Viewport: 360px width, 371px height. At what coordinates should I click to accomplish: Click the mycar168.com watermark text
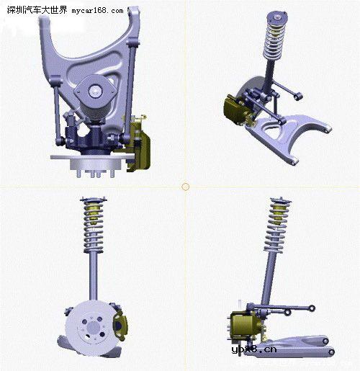(97, 11)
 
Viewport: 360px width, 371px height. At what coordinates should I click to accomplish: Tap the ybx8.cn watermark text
(254, 349)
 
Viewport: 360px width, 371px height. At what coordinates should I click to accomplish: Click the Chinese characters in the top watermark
(37, 10)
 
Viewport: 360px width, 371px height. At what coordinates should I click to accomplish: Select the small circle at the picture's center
(185, 187)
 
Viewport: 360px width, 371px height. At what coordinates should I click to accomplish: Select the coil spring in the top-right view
(274, 41)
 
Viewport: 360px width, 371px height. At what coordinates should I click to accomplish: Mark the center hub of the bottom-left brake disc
(93, 327)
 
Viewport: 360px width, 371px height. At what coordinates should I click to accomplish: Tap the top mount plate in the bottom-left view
(94, 199)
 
